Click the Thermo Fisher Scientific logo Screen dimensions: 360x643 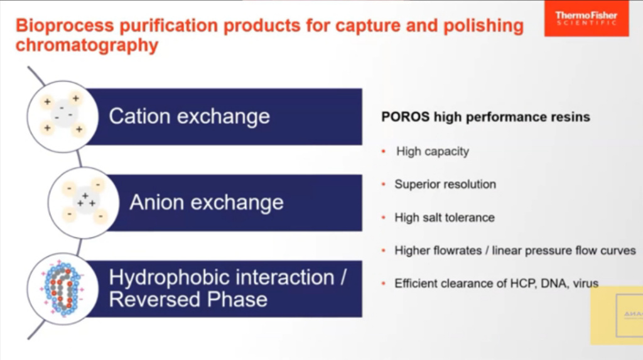[x=586, y=19]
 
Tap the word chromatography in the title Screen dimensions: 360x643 [x=87, y=46]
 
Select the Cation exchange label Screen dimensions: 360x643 [x=189, y=116]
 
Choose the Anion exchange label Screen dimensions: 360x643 [x=206, y=202]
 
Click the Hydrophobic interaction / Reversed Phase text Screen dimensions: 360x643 [x=227, y=288]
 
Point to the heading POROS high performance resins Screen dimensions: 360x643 [x=485, y=117]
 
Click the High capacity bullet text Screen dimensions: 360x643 [x=433, y=151]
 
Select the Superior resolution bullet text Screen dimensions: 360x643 [x=445, y=185]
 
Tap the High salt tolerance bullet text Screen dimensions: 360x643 [x=445, y=218]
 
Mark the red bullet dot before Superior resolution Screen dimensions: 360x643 [x=383, y=185]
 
